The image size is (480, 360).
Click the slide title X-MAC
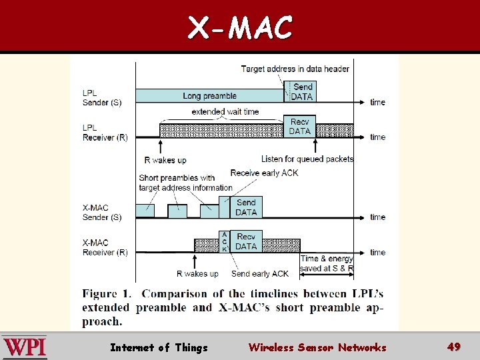[240, 28]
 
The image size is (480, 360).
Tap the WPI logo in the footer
[25, 347]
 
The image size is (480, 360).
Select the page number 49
[454, 347]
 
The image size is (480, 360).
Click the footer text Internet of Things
[159, 347]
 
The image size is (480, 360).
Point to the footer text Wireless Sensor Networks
[317, 347]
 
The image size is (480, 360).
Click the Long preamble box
[209, 96]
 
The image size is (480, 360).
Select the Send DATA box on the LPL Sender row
[303, 91]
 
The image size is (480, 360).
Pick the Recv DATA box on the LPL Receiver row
[299, 127]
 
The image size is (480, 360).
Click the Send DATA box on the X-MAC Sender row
[246, 207]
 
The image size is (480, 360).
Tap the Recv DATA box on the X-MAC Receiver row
[246, 241]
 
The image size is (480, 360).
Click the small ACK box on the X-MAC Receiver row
[225, 241]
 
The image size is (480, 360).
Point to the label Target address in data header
[295, 69]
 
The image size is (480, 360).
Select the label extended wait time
[225, 111]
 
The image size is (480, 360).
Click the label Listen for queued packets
[307, 159]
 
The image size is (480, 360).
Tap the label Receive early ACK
[264, 173]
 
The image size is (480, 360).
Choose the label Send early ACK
[260, 273]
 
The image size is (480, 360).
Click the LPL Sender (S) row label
[101, 97]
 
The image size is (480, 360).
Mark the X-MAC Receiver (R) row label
[105, 247]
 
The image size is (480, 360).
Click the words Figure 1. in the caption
[107, 294]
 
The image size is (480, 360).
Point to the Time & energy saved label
[327, 263]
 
